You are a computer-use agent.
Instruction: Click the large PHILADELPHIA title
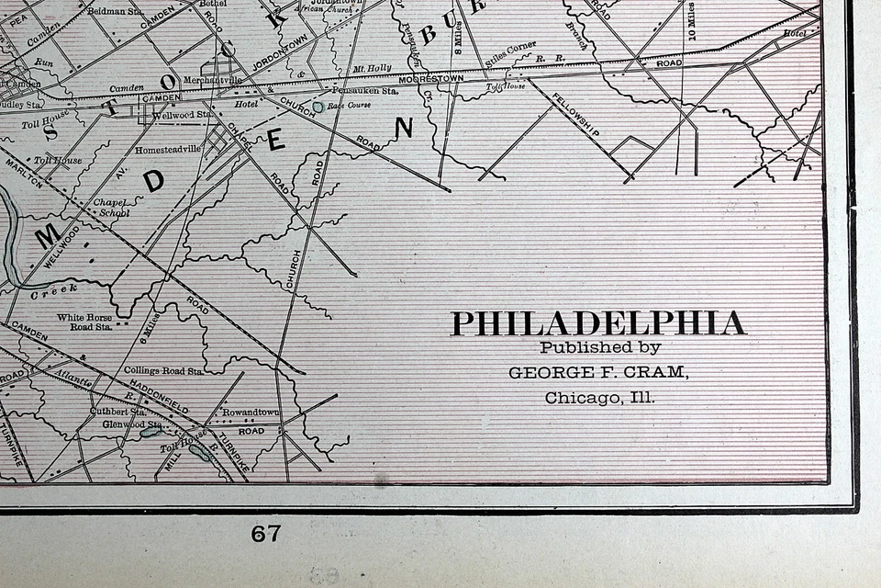tap(598, 323)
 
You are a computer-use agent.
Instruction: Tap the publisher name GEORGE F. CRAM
tap(598, 372)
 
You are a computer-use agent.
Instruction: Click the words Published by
tap(599, 347)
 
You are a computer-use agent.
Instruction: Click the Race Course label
tap(347, 107)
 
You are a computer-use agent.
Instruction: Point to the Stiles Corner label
tap(511, 48)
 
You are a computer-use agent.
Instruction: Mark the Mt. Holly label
tap(372, 68)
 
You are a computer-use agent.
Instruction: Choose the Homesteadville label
tap(167, 149)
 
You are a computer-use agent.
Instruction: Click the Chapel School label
tap(109, 207)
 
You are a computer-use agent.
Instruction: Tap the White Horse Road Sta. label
tap(84, 322)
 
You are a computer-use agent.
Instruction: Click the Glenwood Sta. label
tap(133, 424)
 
